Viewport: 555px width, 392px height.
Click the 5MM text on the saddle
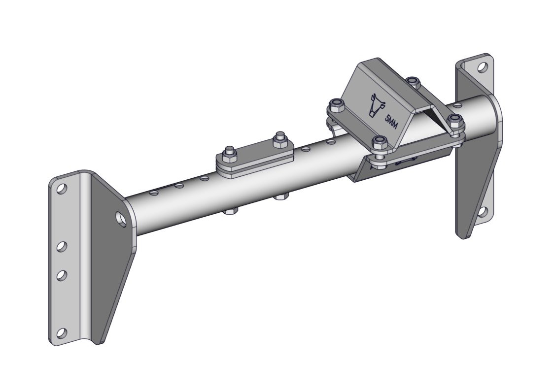[391, 122]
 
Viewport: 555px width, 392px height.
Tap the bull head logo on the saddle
[377, 105]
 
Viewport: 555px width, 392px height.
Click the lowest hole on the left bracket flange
[62, 333]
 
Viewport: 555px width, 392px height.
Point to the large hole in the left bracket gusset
[121, 218]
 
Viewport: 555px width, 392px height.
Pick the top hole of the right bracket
[482, 67]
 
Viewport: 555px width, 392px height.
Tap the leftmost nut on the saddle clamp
[335, 105]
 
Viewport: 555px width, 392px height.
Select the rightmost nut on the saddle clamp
[456, 121]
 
